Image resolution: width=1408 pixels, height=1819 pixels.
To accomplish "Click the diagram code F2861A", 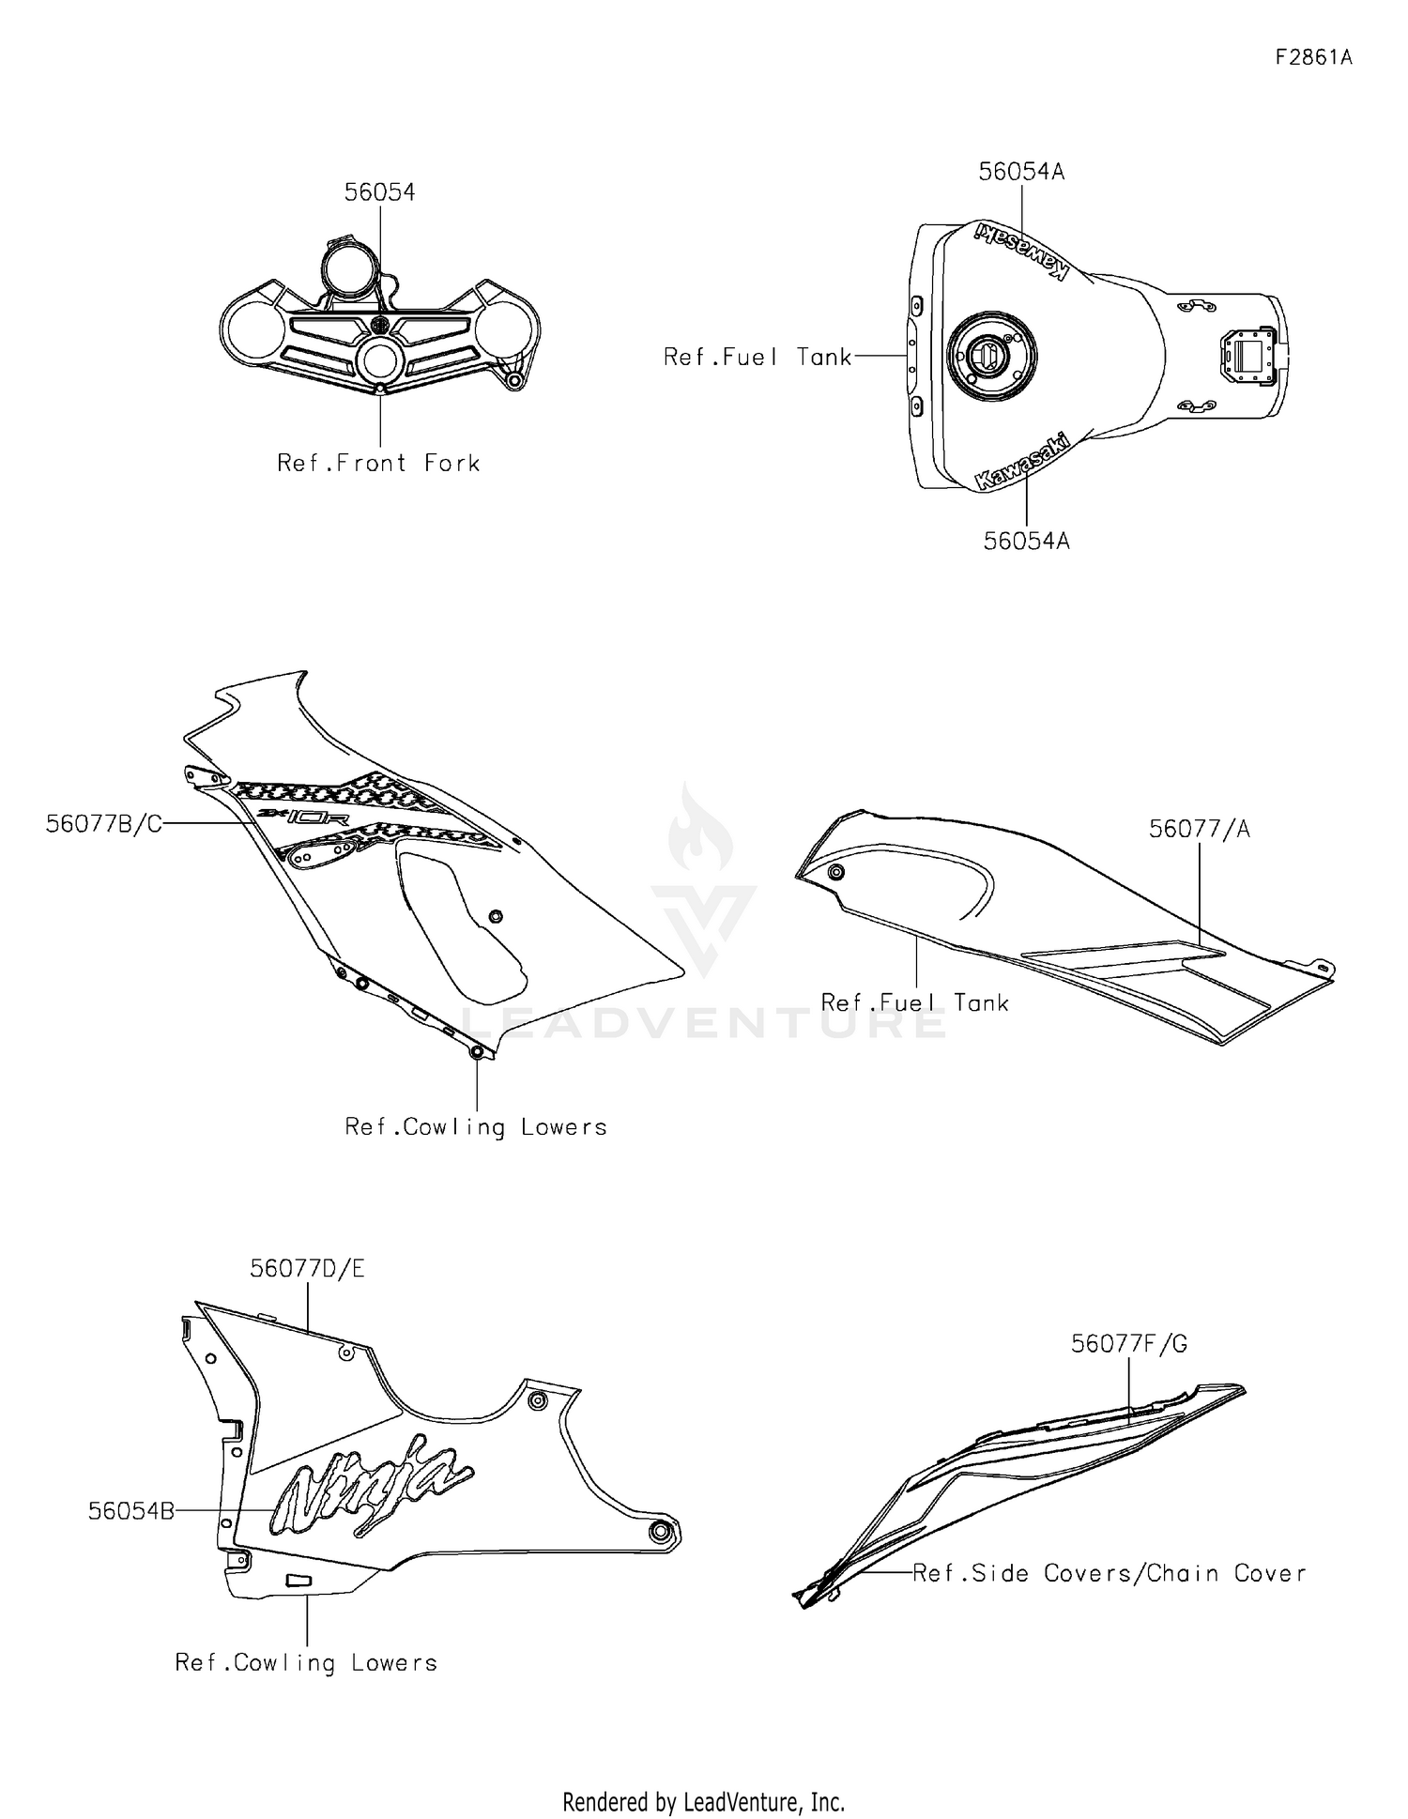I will click(1313, 57).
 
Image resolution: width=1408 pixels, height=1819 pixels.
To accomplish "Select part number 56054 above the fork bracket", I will click(379, 192).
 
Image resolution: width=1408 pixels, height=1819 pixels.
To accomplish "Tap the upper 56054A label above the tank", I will click(1021, 172).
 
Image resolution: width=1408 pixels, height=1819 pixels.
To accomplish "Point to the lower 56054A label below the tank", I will click(1026, 541).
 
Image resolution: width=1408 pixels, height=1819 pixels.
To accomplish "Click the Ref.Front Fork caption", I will click(378, 463).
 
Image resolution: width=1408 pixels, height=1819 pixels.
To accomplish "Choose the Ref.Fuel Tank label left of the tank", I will click(758, 357).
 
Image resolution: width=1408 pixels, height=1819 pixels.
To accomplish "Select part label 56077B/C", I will click(104, 824).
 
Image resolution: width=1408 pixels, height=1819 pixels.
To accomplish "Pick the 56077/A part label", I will click(1200, 829).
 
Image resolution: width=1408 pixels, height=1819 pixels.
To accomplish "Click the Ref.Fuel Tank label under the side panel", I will click(914, 1002).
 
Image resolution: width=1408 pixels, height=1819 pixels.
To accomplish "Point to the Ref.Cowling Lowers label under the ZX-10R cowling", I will click(476, 1126).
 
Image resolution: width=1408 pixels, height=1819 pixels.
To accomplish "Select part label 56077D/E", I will click(307, 1268).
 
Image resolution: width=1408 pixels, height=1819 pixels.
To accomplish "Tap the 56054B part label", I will click(131, 1511).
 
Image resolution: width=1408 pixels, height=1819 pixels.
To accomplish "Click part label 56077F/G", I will click(1129, 1344).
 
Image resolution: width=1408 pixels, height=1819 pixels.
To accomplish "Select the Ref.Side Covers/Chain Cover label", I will click(1109, 1573).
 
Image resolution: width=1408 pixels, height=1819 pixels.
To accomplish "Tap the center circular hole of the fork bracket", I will click(380, 361).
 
